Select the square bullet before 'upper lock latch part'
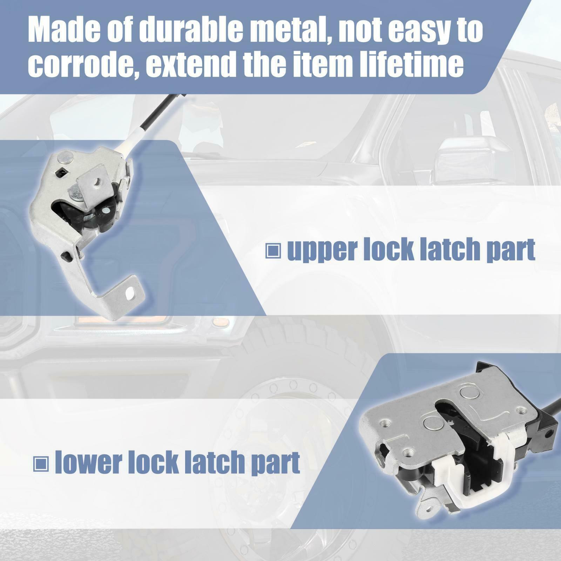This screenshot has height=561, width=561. pyautogui.click(x=273, y=251)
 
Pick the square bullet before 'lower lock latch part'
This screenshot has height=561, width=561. pyautogui.click(x=41, y=464)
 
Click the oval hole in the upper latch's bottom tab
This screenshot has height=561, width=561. pyautogui.click(x=131, y=291)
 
